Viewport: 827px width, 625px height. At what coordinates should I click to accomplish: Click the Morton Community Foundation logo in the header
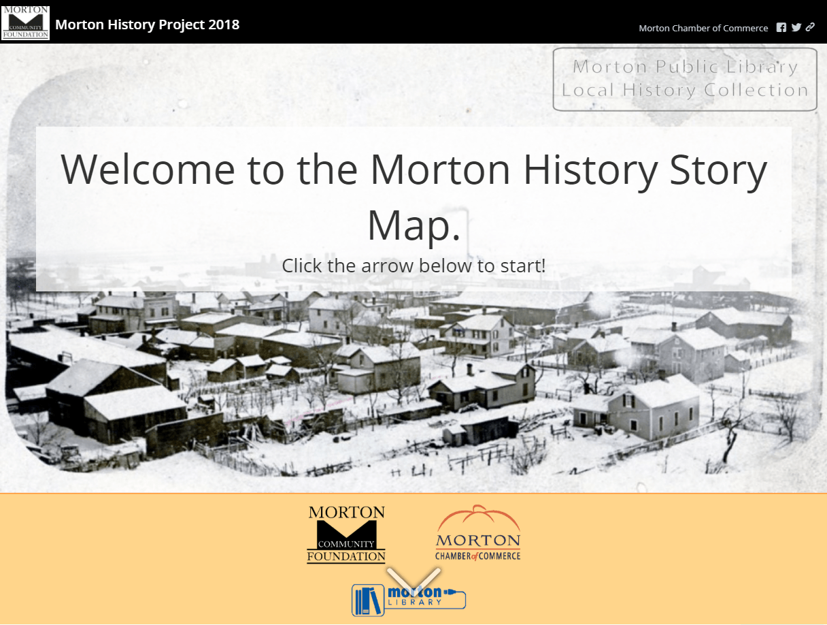click(x=26, y=22)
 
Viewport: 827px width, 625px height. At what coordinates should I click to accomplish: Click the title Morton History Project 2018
click(x=147, y=25)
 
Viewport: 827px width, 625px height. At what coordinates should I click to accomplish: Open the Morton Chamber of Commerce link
click(x=703, y=28)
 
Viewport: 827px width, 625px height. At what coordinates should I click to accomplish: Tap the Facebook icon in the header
click(x=781, y=27)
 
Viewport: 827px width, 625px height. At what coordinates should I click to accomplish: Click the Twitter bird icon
click(x=796, y=27)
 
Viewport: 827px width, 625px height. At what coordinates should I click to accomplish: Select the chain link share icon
click(x=810, y=27)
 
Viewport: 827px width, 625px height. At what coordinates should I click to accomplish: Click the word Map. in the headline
click(x=413, y=226)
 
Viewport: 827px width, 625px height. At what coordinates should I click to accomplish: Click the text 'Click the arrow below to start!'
click(x=413, y=265)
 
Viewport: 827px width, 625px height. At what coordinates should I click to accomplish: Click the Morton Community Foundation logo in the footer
click(x=346, y=534)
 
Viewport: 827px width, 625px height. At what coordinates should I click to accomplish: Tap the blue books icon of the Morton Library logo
click(x=368, y=600)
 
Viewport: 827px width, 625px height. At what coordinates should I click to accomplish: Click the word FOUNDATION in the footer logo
click(x=346, y=557)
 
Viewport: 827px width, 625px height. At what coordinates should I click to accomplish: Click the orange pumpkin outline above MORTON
click(x=478, y=517)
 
